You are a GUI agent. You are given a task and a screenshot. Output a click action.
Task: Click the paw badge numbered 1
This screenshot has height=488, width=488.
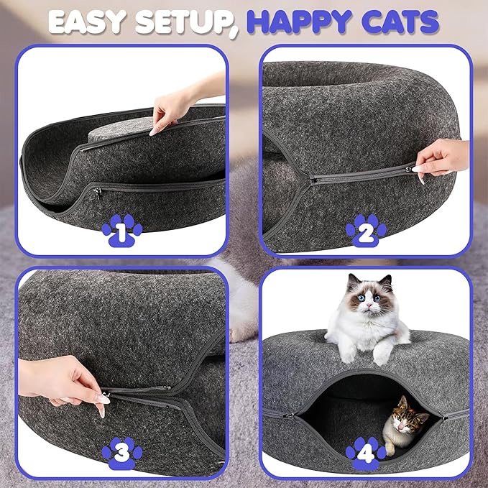121,230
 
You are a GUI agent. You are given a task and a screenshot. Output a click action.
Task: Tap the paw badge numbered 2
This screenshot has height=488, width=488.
365,230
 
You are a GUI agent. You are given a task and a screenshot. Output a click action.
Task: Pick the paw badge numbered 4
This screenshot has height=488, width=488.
366,453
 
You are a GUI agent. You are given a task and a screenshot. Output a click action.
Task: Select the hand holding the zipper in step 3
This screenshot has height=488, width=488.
68,385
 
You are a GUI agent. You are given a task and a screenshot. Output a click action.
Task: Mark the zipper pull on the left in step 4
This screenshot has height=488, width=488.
287,415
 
